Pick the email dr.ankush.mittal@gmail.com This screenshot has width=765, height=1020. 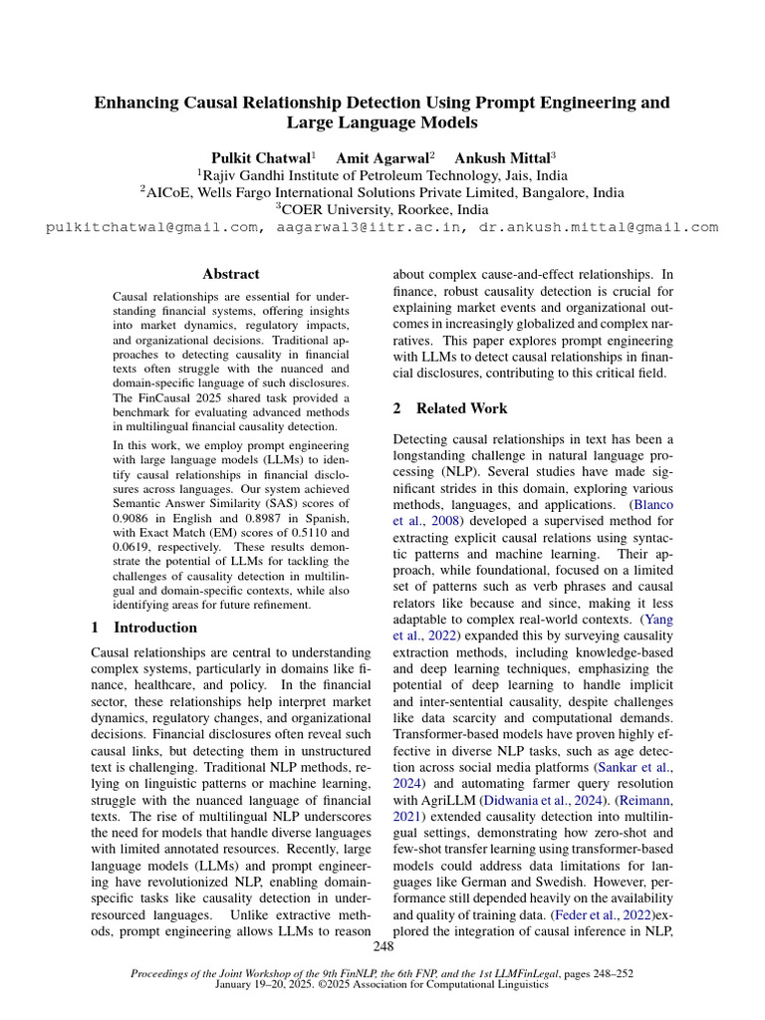598,227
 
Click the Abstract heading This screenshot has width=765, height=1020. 231,274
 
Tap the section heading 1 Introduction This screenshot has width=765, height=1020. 144,628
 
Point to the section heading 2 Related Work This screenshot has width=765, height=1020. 450,408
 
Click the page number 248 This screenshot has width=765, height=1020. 382,944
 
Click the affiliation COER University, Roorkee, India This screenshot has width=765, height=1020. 382,210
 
